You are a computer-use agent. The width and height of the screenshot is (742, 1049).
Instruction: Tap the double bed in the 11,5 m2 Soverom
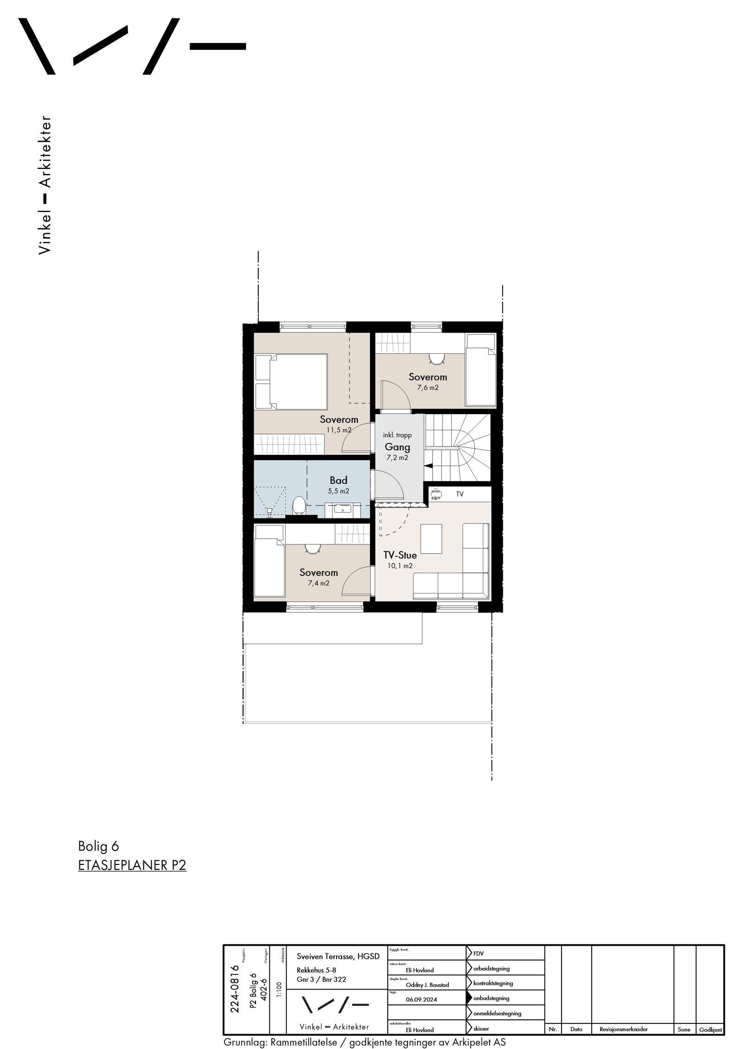292,381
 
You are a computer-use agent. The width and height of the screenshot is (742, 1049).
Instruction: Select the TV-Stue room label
400,555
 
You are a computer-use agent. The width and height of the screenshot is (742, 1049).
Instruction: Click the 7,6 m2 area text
428,388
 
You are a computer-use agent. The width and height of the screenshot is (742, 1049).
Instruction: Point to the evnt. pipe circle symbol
436,494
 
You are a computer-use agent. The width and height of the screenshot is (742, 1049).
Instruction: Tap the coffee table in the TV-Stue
431,538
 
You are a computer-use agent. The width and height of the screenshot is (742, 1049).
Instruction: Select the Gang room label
397,447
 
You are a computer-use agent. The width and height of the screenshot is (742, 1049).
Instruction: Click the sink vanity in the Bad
343,510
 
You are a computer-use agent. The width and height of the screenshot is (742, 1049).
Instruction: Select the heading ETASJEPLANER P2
132,865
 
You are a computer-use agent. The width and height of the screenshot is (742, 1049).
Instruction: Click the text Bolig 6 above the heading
98,846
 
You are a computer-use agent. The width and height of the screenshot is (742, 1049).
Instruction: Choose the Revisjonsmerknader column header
623,1029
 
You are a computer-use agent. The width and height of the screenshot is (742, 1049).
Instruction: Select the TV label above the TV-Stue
459,494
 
